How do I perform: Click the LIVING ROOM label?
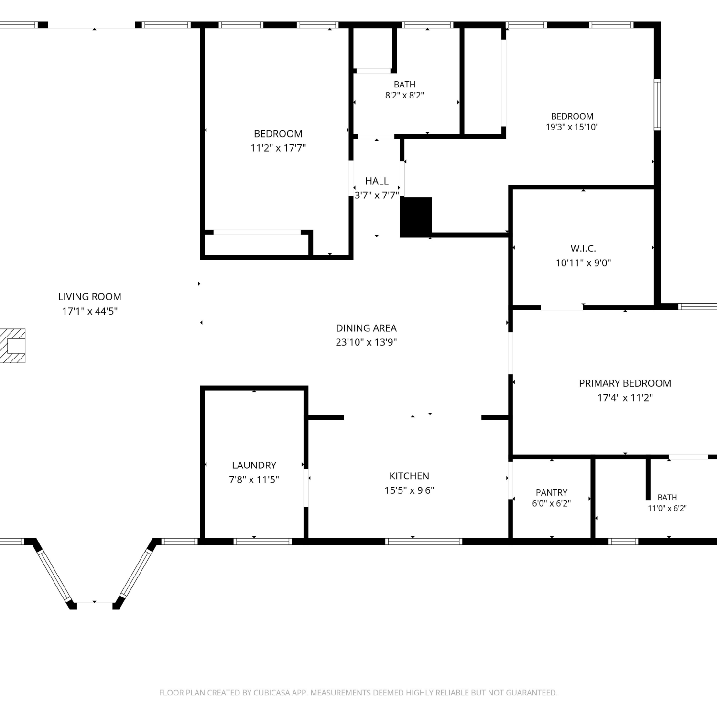point(90,297)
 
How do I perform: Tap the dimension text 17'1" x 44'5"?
point(90,311)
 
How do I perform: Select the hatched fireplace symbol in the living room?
point(12,346)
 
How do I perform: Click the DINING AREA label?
point(366,328)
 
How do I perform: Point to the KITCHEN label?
point(409,476)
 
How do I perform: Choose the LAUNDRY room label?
point(254,466)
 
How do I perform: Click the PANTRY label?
point(552,493)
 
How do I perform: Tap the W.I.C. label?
point(583,249)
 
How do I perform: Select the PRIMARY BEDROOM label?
point(625,383)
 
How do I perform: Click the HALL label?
point(377,181)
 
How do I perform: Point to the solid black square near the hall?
point(416,217)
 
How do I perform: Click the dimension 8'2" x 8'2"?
point(405,95)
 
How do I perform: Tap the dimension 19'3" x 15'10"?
point(572,127)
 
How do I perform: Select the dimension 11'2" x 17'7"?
point(278,148)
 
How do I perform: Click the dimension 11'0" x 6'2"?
point(667,508)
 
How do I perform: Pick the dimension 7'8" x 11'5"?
point(254,480)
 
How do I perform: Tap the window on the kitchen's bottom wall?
point(424,542)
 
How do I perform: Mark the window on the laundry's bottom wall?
point(262,542)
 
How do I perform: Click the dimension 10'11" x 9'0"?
point(583,263)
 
